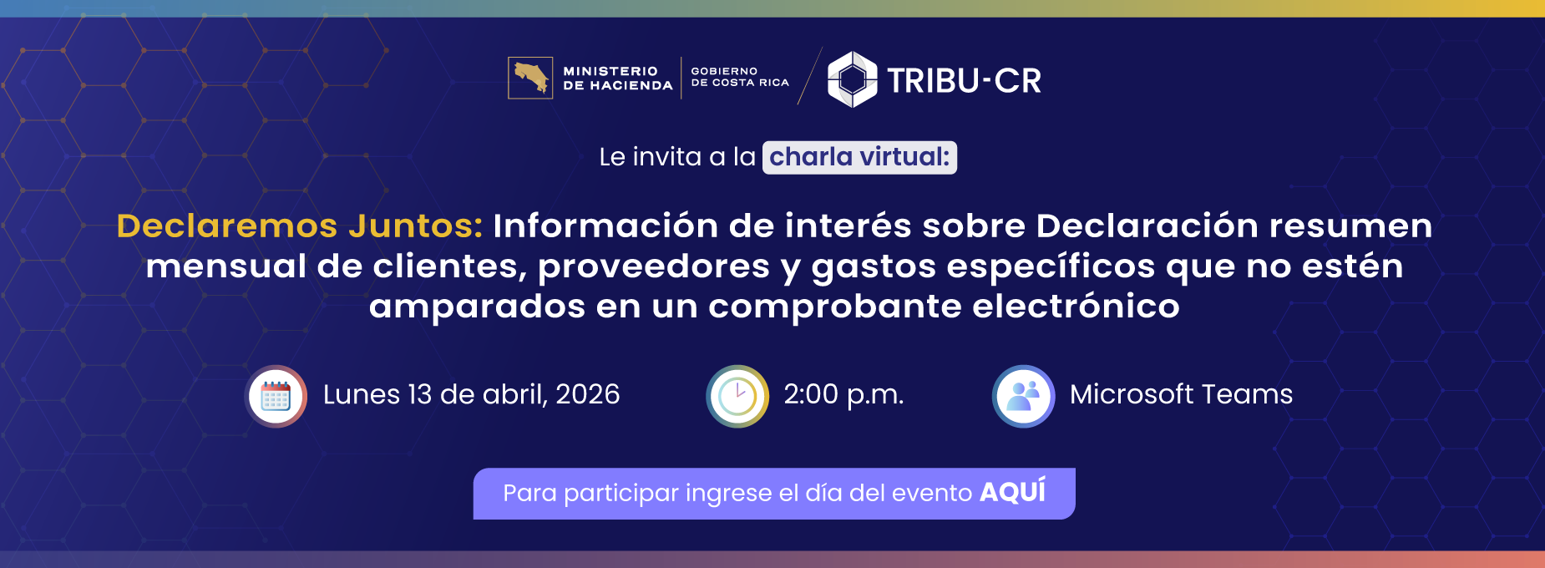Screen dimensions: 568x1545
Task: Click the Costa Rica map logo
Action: (530, 78)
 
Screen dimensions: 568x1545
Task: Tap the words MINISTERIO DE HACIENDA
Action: (617, 79)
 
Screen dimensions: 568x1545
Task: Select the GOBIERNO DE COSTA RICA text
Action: (739, 77)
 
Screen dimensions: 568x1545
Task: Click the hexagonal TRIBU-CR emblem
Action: (852, 79)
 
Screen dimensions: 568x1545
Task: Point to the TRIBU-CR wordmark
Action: (964, 81)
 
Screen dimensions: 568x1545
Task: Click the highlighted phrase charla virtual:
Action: (859, 157)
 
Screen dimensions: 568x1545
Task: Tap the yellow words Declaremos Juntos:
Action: (300, 226)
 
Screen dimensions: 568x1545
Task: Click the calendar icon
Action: (276, 396)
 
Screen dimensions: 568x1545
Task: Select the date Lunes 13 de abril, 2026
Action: (471, 394)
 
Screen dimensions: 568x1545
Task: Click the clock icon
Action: (737, 396)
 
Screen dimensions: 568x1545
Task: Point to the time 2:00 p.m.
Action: (843, 394)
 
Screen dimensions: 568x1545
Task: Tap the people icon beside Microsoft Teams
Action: (1023, 396)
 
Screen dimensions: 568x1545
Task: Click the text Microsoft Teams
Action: (1181, 394)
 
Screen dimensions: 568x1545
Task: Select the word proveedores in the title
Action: (654, 266)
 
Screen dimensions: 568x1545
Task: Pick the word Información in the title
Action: (605, 226)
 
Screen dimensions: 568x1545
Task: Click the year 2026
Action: (587, 394)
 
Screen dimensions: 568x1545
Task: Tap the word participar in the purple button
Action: (621, 494)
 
